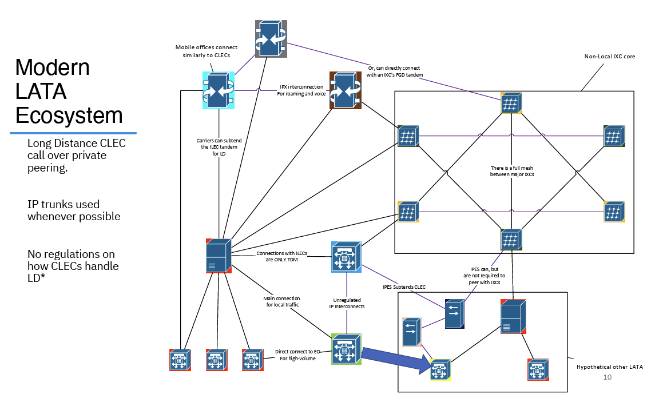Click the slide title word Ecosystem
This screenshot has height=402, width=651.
(69, 116)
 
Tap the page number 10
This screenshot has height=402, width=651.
(608, 377)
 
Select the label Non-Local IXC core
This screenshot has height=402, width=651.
(609, 57)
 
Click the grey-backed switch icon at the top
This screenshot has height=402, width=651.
(271, 38)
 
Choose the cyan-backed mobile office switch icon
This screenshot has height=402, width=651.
(218, 90)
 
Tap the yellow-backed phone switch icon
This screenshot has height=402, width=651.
(440, 369)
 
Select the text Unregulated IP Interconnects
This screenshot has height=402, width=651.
(347, 303)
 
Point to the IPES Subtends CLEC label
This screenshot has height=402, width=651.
(404, 286)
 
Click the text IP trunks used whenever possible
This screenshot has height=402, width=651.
(74, 210)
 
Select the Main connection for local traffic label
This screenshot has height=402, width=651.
(281, 302)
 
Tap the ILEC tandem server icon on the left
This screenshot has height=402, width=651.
(218, 256)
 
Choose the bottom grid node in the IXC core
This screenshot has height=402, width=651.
(511, 238)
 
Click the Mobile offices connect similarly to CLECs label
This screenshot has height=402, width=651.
(206, 51)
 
